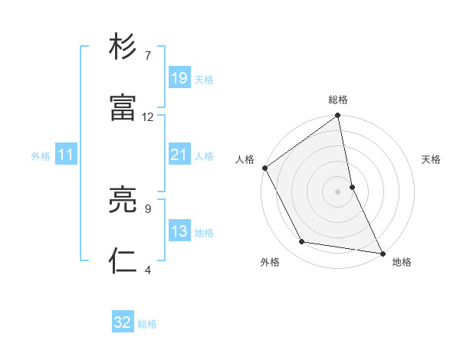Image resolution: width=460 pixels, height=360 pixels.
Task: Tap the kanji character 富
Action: pos(123,108)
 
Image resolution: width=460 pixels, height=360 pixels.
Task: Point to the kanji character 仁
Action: pos(123,261)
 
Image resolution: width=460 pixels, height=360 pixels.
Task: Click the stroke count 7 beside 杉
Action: pos(148,56)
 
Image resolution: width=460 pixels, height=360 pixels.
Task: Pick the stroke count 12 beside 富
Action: pos(148,117)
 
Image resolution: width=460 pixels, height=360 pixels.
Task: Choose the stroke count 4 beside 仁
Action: pos(148,270)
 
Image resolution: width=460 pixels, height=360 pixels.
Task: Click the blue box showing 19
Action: pos(179,78)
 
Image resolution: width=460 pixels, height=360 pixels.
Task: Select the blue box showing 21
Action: pos(179,155)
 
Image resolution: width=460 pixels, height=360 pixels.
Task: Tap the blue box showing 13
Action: pos(179,231)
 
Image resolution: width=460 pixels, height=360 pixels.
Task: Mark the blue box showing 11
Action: pos(66,155)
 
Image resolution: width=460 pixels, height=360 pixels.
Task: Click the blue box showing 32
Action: pos(123,322)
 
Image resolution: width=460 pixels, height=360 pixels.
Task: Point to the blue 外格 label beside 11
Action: pos(41,155)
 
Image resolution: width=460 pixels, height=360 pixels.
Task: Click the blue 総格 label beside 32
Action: pos(147,323)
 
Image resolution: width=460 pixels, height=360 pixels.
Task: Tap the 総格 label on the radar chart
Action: pos(338,100)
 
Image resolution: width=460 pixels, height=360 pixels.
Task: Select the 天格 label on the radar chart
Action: pos(431,159)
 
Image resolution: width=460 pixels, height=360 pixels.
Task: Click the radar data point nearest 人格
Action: pos(264,168)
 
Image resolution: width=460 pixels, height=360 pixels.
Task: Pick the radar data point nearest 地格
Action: pos(383,253)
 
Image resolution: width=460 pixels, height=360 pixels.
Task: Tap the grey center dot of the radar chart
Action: pos(338,191)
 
